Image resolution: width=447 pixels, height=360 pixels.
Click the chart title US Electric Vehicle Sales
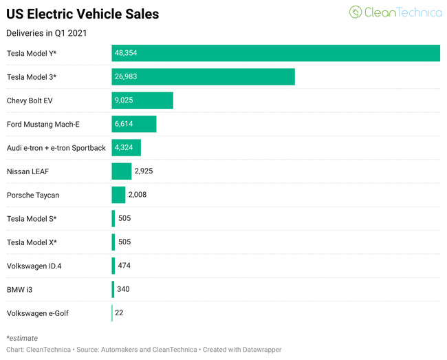(x=83, y=14)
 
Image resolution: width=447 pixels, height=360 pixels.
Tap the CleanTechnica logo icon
(x=356, y=12)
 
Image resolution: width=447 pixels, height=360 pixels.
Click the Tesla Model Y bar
(x=275, y=53)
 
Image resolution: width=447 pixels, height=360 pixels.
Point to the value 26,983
(x=126, y=76)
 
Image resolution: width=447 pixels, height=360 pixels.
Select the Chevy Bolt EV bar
(x=142, y=100)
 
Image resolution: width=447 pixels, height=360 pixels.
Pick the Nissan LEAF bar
(x=121, y=171)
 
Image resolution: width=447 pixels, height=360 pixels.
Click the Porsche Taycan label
(x=33, y=195)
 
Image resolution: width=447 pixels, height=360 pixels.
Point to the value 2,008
(x=138, y=195)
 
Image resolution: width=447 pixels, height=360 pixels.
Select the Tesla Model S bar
(x=113, y=218)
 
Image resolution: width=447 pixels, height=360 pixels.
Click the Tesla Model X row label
(x=32, y=242)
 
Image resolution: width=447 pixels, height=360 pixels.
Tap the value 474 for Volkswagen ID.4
(x=124, y=266)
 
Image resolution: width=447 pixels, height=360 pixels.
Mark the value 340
(x=124, y=289)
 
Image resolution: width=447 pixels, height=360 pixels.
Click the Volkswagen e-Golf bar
(x=112, y=313)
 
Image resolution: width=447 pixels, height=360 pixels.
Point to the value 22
(x=119, y=313)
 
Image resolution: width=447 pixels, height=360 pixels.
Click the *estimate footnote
(x=22, y=338)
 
